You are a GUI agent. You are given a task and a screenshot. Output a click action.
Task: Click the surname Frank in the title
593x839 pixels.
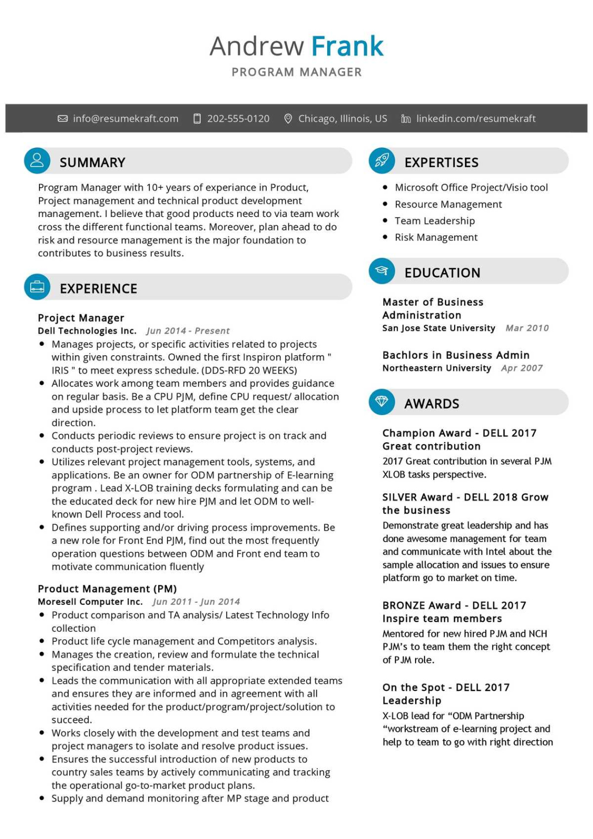coord(347,46)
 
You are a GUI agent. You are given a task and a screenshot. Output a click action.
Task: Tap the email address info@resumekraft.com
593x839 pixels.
coord(125,119)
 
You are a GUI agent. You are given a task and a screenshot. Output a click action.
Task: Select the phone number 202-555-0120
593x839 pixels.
coord(238,119)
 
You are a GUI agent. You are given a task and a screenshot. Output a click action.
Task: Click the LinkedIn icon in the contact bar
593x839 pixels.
coord(406,119)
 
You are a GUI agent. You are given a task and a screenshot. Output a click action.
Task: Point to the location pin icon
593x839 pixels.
coord(288,119)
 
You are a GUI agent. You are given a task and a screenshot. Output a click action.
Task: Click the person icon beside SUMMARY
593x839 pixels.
coord(37,160)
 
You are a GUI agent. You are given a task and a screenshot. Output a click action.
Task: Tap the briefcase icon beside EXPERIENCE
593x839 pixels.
coord(37,287)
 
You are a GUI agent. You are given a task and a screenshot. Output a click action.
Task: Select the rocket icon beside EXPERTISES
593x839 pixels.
coord(382,160)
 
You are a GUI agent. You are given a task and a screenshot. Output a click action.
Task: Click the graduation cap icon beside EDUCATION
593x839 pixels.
coord(382,270)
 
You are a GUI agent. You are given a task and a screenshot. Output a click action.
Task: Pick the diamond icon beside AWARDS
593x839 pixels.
coord(382,402)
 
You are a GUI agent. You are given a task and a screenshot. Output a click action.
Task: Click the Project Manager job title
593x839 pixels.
coord(81,318)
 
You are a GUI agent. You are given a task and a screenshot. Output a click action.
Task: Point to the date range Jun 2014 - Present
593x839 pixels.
coord(188,331)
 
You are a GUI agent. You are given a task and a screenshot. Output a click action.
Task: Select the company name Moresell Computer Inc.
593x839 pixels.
coord(90,602)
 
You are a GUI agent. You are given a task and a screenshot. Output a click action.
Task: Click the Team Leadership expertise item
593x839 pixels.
coord(434,221)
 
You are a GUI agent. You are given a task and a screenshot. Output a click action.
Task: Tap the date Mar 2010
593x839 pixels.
coord(527,328)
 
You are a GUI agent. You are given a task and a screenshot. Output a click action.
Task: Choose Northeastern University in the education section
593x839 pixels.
coord(436,368)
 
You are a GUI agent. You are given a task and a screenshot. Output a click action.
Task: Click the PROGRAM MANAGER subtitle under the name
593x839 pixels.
coord(296,72)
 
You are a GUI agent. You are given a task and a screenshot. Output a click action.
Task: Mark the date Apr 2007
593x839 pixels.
coord(522,368)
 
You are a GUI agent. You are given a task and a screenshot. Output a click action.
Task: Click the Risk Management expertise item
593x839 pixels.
coord(436,238)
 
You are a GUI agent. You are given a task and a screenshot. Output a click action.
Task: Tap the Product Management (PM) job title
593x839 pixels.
coord(107,589)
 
